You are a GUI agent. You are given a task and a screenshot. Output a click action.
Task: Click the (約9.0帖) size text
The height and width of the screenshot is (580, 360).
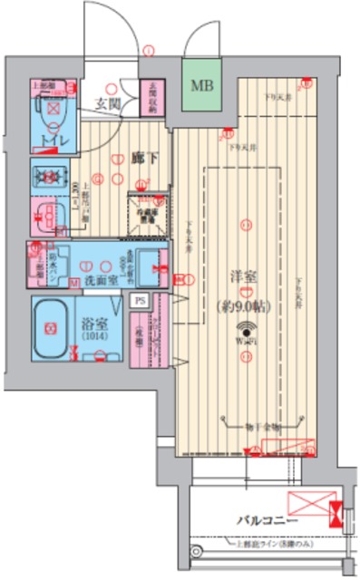(242, 306)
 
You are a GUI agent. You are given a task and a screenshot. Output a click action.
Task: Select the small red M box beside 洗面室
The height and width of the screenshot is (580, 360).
(73, 281)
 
